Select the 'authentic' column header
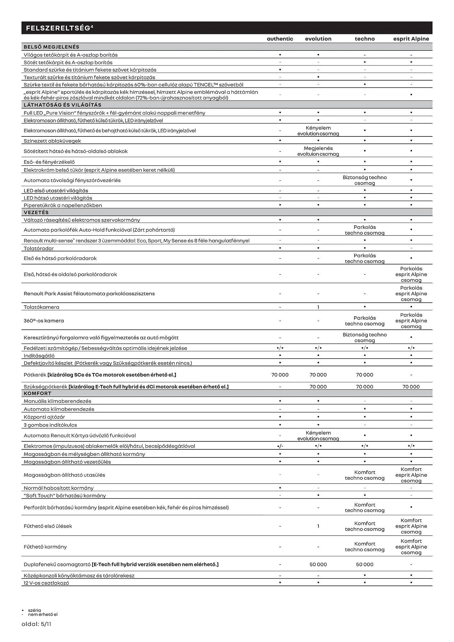click(x=280, y=39)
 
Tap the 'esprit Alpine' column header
click(x=411, y=39)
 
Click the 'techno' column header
click(x=364, y=39)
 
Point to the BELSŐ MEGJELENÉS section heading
click(x=51, y=47)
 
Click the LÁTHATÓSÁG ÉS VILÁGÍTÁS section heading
click(x=62, y=105)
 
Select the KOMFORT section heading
click(x=37, y=393)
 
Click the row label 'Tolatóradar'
click(x=39, y=248)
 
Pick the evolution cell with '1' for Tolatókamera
click(x=318, y=307)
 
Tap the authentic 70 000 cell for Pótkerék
click(x=280, y=375)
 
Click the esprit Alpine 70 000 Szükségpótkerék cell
click(x=411, y=387)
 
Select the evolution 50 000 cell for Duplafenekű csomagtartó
click(x=318, y=564)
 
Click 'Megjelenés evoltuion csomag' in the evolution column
click(x=318, y=151)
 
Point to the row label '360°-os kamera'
click(x=44, y=321)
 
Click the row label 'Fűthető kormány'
click(x=45, y=547)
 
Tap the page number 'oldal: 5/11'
click(x=36, y=624)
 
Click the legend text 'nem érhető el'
click(x=43, y=614)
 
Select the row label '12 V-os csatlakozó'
click(x=46, y=583)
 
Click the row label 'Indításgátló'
click(x=39, y=356)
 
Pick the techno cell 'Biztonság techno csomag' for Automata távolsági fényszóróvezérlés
click(x=364, y=180)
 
